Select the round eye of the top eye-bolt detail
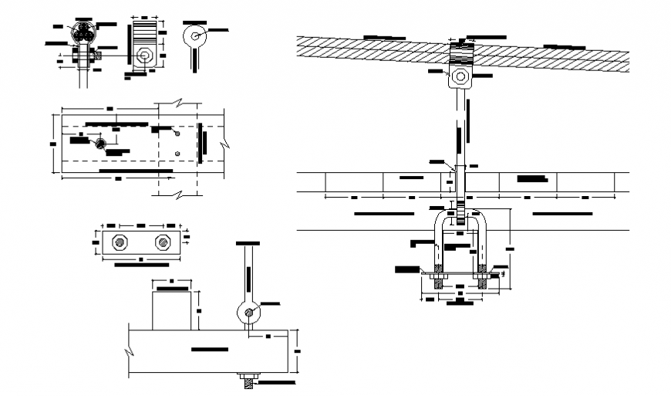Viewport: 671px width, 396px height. click(x=197, y=35)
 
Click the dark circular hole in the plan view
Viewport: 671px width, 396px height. click(x=100, y=144)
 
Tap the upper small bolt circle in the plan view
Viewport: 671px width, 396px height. click(x=177, y=134)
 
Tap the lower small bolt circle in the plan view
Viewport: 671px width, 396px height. click(x=177, y=154)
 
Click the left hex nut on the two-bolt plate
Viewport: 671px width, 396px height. click(x=120, y=242)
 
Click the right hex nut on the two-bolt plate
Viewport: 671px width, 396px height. click(x=163, y=242)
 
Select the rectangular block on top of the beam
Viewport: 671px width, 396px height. click(x=171, y=309)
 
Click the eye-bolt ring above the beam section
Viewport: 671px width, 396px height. click(x=247, y=313)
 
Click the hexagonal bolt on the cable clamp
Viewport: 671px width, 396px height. click(x=460, y=76)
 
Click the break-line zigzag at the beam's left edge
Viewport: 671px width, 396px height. click(x=128, y=352)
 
